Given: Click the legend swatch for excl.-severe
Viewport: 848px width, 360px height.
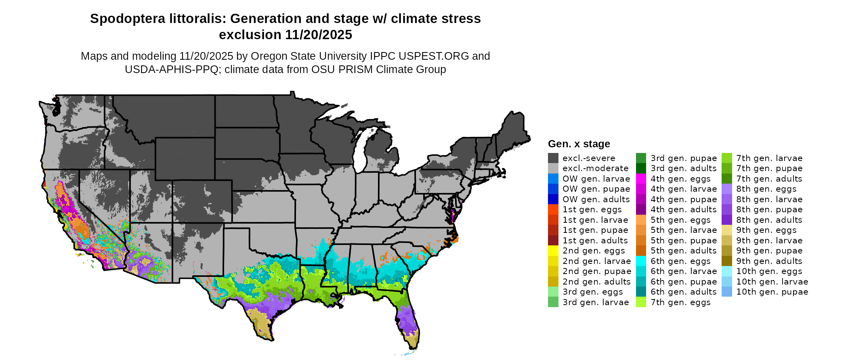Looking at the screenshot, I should (x=553, y=158).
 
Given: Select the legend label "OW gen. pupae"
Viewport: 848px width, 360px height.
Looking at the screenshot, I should (x=596, y=189).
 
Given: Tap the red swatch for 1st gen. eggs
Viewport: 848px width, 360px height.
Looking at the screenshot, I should (x=553, y=209).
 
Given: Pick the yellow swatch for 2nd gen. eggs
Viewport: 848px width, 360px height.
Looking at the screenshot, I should (x=553, y=251).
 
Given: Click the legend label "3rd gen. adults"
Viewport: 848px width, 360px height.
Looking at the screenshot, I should (x=683, y=168).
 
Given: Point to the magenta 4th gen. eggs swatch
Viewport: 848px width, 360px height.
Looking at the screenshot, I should (x=641, y=179).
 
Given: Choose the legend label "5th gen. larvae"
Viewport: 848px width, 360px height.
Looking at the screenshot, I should (x=683, y=230).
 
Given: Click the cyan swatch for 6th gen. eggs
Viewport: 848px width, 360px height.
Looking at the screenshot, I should (x=641, y=261).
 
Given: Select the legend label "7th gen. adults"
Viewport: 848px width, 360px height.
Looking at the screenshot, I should (x=769, y=179).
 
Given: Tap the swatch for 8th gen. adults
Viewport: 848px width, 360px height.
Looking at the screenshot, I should (x=726, y=220).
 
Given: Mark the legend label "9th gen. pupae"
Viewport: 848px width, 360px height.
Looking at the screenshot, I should (x=769, y=251).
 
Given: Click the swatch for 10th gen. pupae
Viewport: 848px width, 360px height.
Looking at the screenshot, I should (x=726, y=292).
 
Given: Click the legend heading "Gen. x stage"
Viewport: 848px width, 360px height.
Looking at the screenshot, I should (x=579, y=144).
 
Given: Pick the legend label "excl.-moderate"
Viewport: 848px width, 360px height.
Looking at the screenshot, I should (x=595, y=168).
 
